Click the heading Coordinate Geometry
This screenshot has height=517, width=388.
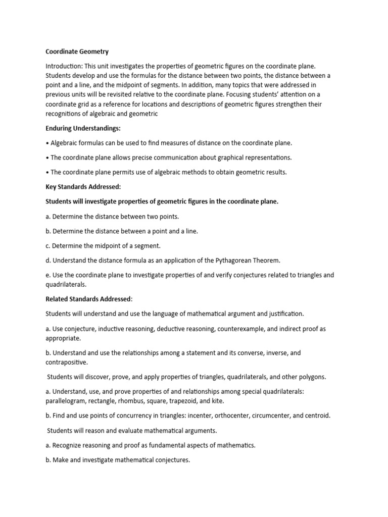point(77,51)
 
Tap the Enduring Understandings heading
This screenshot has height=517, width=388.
point(83,128)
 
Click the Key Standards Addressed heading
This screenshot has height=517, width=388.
point(83,186)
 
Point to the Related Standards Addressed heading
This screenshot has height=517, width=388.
point(88,299)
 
